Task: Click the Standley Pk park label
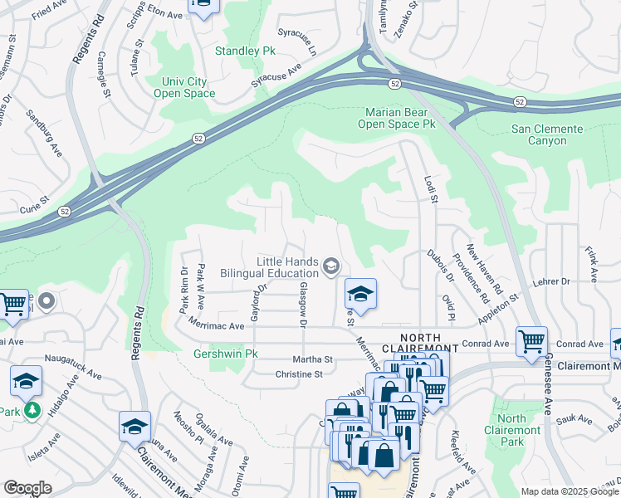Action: pos(245,51)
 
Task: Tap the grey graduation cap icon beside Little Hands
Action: pos(331,266)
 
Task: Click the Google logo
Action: pos(28,488)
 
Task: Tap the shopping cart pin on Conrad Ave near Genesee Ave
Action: pos(531,339)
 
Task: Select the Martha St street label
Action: pos(312,359)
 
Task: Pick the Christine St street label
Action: pos(299,374)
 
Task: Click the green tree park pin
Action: pos(32,410)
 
